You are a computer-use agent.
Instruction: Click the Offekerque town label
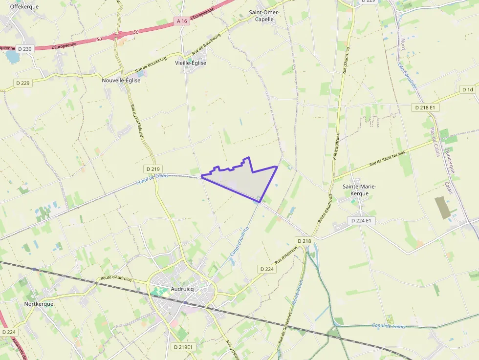click(24, 7)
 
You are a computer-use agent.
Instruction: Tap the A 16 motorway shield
click(182, 21)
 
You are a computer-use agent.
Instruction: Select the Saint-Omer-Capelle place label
click(264, 16)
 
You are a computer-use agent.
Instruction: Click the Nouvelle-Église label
click(121, 81)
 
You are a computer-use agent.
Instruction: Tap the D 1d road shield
click(468, 90)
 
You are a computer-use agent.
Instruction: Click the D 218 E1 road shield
click(425, 107)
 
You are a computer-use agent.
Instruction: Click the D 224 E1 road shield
click(362, 221)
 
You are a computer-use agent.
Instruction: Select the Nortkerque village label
click(39, 303)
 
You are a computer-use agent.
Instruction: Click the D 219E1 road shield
click(184, 347)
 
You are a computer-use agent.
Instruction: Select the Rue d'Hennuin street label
click(287, 254)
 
